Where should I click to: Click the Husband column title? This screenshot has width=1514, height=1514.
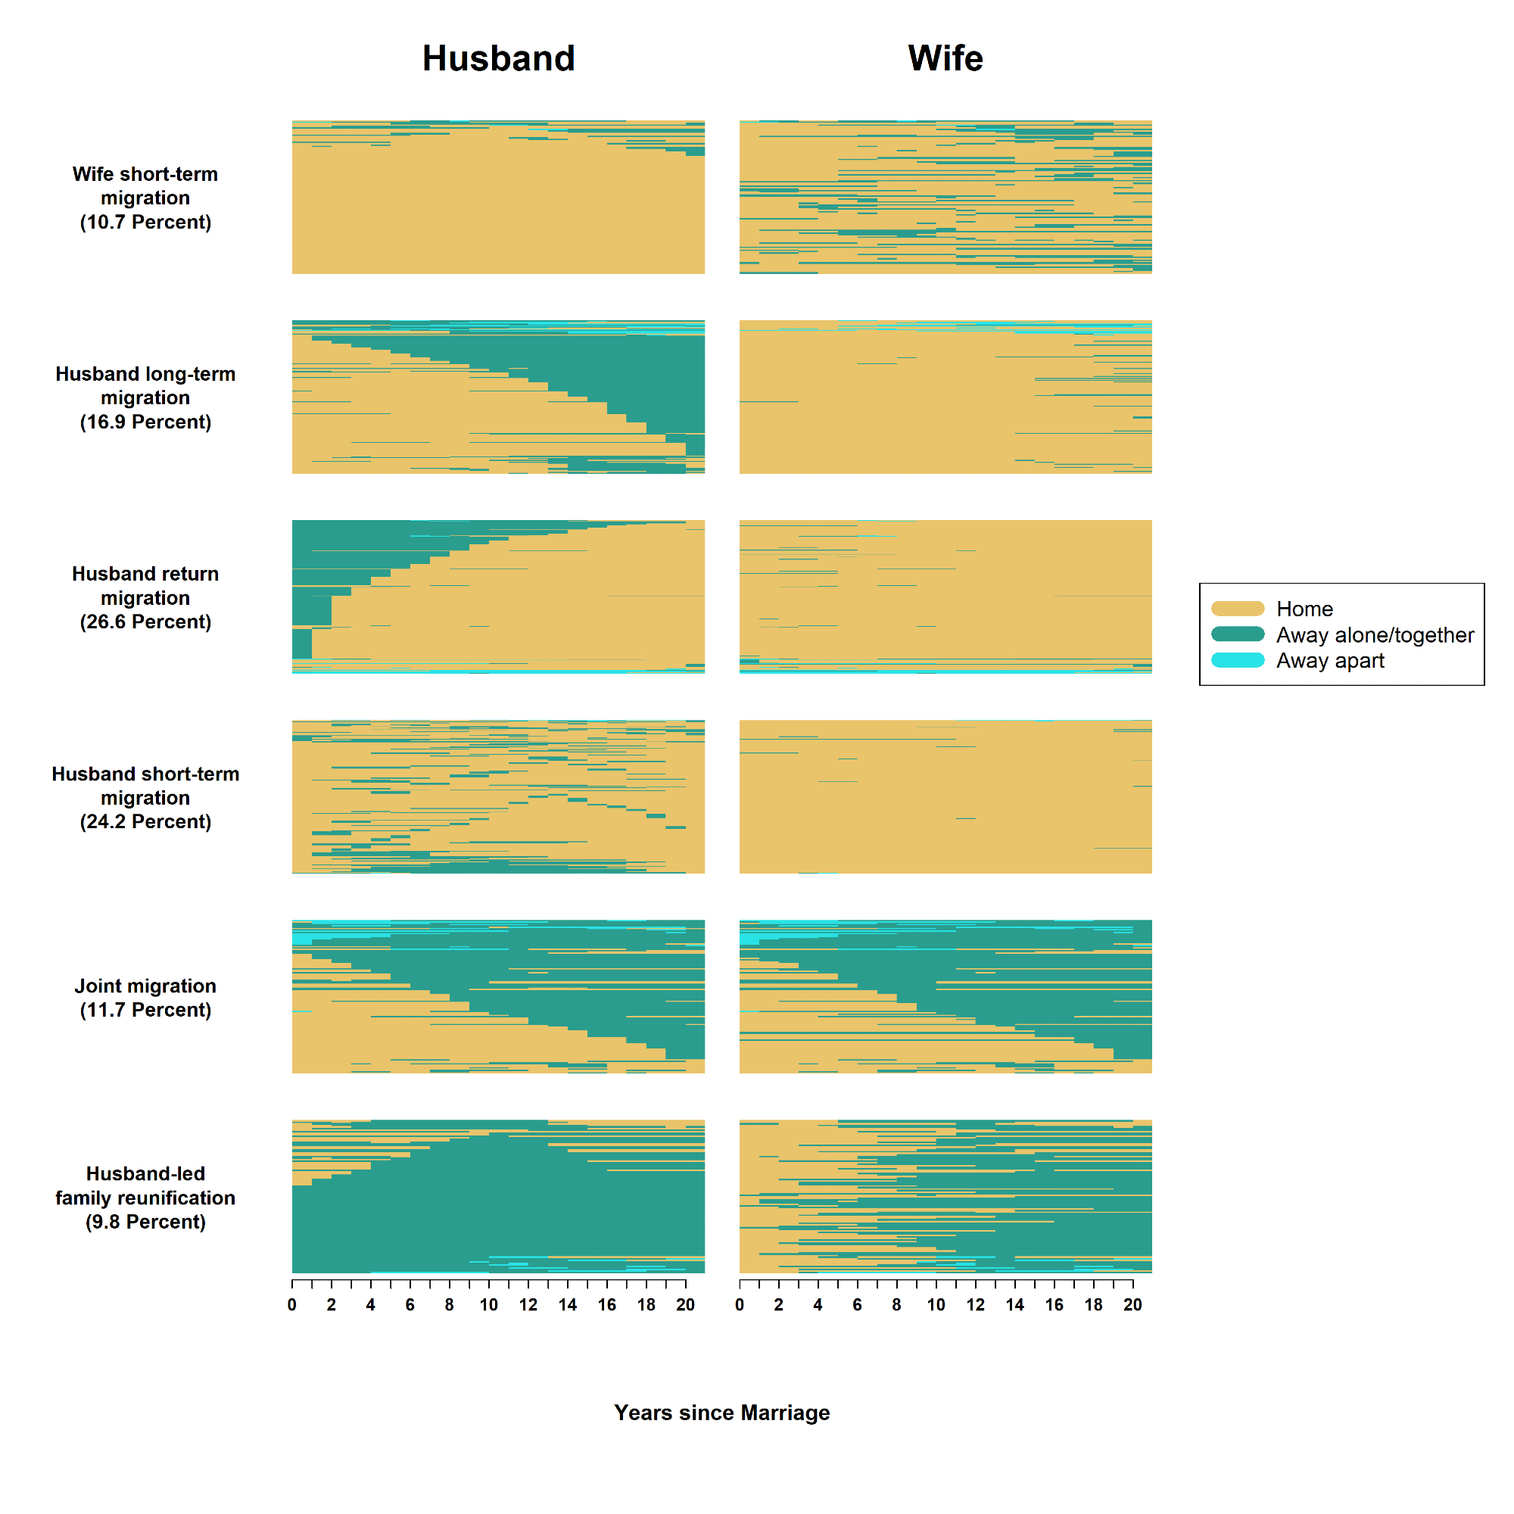pyautogui.click(x=498, y=59)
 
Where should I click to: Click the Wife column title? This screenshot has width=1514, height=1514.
pyautogui.click(x=945, y=59)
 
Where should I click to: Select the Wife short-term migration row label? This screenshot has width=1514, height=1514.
pyautogui.click(x=146, y=198)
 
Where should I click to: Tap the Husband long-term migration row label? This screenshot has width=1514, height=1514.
pyautogui.click(x=146, y=397)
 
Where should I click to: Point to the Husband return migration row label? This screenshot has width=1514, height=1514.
pyautogui.click(x=146, y=597)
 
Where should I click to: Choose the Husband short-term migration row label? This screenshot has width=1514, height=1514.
pyautogui.click(x=146, y=797)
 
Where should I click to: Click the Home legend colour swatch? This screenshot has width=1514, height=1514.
pyautogui.click(x=1238, y=609)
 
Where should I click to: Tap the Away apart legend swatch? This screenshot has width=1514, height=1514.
pyautogui.click(x=1238, y=660)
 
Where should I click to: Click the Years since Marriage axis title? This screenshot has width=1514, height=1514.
pyautogui.click(x=721, y=1412)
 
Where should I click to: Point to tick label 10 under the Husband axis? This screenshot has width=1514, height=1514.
pyautogui.click(x=489, y=1305)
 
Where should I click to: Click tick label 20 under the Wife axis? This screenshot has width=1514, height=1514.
pyautogui.click(x=1132, y=1305)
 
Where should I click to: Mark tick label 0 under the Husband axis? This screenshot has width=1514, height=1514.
pyautogui.click(x=292, y=1305)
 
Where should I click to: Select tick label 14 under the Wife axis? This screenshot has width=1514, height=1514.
pyautogui.click(x=1015, y=1305)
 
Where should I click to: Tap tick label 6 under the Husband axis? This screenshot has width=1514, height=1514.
pyautogui.click(x=410, y=1305)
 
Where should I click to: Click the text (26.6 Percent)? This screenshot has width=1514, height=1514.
pyautogui.click(x=146, y=621)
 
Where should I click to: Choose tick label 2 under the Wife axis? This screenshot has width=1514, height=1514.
pyautogui.click(x=779, y=1305)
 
